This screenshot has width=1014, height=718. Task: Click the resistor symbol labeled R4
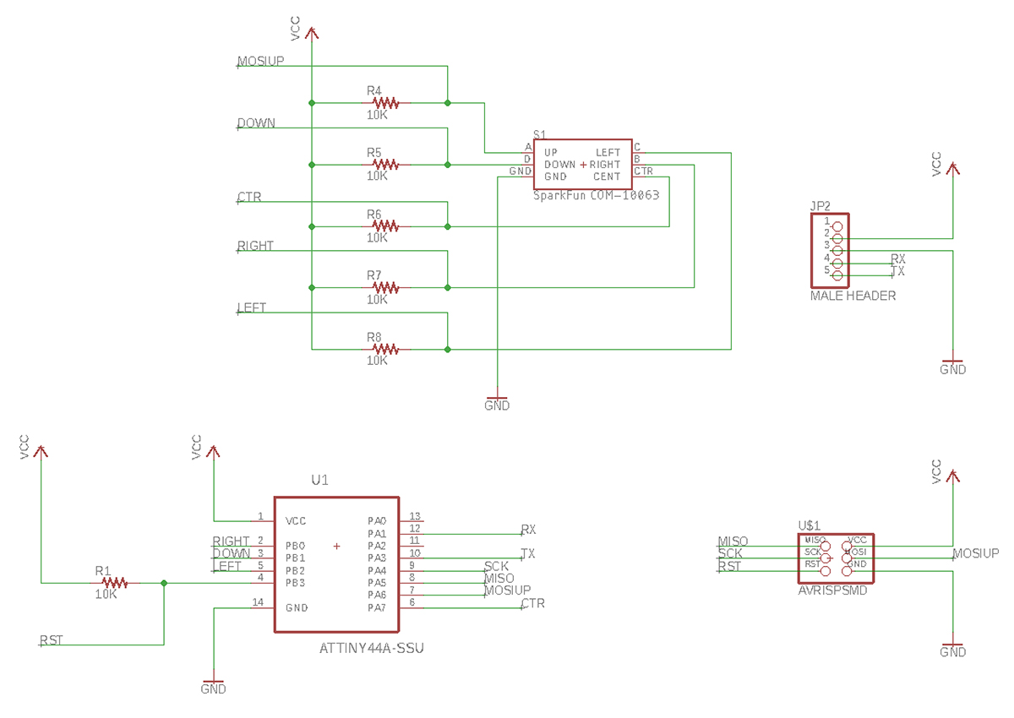[385, 103]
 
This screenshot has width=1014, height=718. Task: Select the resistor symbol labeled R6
[385, 226]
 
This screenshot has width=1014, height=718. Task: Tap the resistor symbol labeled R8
[385, 349]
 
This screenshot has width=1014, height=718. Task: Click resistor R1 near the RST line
[113, 582]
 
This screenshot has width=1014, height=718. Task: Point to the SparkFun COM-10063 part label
[596, 195]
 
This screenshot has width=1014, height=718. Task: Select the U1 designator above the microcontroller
[319, 480]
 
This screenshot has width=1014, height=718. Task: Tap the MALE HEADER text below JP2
[853, 296]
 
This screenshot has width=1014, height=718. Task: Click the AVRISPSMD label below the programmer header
[832, 591]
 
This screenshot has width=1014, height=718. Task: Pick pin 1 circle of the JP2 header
[837, 226]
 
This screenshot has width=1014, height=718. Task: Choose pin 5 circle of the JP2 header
[837, 275]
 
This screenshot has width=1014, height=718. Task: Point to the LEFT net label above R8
[252, 308]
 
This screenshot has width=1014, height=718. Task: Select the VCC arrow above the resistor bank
[312, 34]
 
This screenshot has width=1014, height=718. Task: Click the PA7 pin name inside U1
[376, 607]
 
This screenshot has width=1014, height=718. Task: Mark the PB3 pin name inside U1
[295, 583]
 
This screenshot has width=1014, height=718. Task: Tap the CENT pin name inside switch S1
[606, 177]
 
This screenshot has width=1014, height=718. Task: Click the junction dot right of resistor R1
[164, 583]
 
